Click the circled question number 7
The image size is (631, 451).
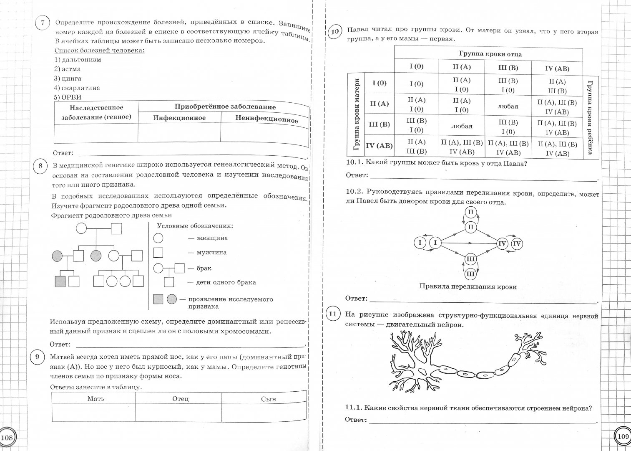click(x=42, y=23)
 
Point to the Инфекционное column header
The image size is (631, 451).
click(x=179, y=118)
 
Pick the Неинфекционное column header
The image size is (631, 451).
click(x=266, y=119)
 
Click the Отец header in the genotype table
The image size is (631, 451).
click(x=181, y=399)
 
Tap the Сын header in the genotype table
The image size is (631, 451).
click(x=268, y=399)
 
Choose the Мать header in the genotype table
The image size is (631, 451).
click(x=96, y=398)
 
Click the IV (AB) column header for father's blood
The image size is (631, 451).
click(x=557, y=69)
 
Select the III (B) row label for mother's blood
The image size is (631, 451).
click(x=379, y=124)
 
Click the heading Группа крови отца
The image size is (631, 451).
click(x=490, y=54)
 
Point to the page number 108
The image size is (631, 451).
click(x=7, y=438)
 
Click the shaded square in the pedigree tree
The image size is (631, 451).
click(x=60, y=281)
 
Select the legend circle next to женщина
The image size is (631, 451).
click(x=158, y=238)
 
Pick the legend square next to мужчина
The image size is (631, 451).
click(x=158, y=253)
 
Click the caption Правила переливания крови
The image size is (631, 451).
click(x=468, y=287)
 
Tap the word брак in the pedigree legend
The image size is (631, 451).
click(x=204, y=268)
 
